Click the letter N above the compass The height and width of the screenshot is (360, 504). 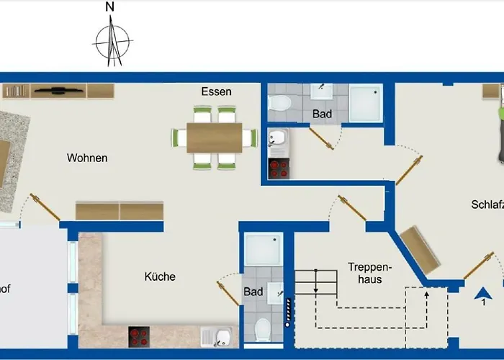(110, 7)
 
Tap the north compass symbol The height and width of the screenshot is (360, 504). (112, 41)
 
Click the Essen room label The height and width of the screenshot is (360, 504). (216, 91)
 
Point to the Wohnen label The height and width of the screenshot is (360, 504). (87, 158)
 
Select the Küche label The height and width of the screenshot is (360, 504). (160, 276)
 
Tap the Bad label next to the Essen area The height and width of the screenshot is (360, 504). (322, 114)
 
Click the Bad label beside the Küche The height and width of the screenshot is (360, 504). (253, 292)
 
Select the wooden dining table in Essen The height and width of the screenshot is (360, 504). (215, 138)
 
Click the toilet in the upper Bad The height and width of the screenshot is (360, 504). (279, 104)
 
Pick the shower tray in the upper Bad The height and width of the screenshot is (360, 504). (366, 104)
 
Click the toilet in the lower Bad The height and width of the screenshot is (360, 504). (264, 330)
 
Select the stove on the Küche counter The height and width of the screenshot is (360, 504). (139, 336)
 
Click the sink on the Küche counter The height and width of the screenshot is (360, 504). (216, 336)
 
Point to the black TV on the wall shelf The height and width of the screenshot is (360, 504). (58, 91)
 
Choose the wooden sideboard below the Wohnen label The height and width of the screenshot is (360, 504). (120, 210)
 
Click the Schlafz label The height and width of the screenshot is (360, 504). (487, 204)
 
